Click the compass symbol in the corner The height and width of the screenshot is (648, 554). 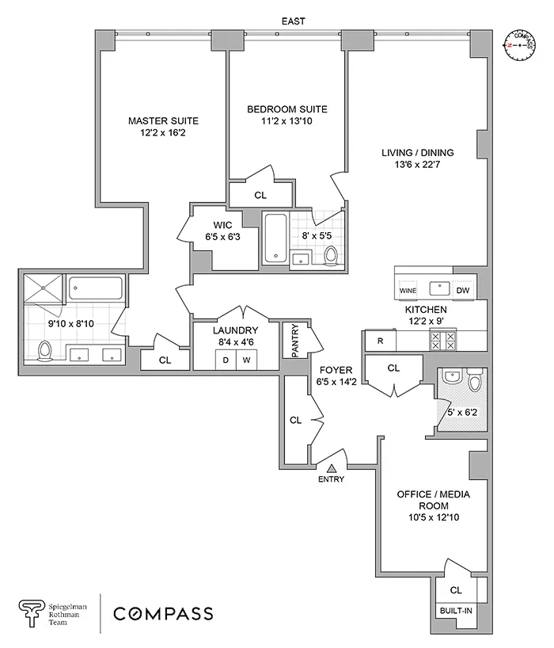point(520,45)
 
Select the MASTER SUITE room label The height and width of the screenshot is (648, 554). point(163,121)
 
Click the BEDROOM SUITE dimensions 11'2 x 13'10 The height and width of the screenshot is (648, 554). point(286,122)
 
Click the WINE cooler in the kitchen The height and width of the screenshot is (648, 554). point(408,291)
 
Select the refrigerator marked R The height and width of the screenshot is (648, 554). point(380,341)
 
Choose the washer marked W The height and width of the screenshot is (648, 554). point(246,360)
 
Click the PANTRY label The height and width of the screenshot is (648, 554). point(295,341)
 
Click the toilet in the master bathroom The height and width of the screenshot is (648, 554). point(46,349)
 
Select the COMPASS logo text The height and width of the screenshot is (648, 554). point(162,613)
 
